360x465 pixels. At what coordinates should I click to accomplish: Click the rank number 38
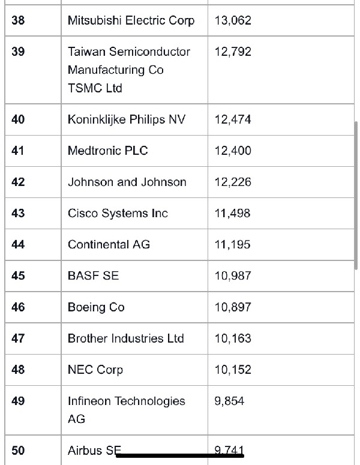point(18,20)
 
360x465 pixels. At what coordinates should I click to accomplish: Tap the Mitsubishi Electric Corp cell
point(131,20)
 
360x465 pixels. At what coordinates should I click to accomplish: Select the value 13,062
point(233,20)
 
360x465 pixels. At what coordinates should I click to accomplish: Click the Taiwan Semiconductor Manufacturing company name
point(128,70)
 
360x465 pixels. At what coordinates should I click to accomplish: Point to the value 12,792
point(233,52)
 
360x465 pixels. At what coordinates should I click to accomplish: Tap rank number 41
point(18,151)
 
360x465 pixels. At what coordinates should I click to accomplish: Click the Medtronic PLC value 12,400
point(233,151)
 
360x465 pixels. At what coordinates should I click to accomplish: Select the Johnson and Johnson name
point(127,182)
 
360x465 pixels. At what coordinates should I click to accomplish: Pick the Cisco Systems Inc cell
point(118,213)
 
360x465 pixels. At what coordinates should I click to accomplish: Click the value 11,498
point(232,213)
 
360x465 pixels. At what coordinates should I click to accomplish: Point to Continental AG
point(109,244)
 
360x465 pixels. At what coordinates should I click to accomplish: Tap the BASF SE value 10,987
point(233,275)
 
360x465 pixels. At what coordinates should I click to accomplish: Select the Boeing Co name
point(96,307)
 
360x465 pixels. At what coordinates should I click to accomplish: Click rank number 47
point(18,338)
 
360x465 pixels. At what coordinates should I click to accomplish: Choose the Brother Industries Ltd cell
point(125,338)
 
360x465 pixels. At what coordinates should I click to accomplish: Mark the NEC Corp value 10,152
point(233,370)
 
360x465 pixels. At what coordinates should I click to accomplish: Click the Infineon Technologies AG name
point(126,410)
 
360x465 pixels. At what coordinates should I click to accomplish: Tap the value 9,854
point(229,401)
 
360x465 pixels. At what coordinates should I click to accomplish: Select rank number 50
point(18,451)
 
